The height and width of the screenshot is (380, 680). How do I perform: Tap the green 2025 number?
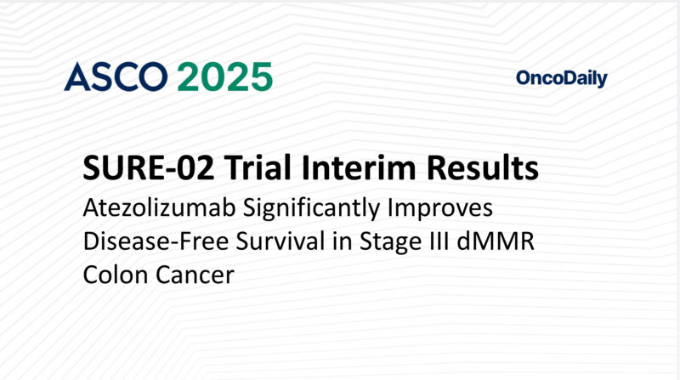[x=225, y=77]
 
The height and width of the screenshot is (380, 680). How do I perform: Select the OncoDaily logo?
[x=561, y=79]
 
